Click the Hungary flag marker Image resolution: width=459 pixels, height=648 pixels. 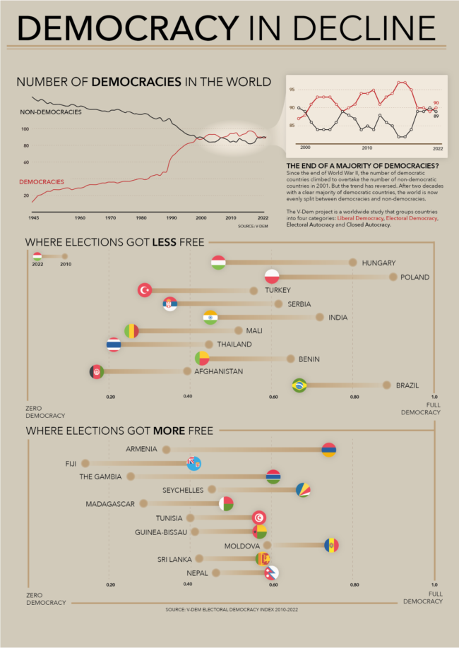[218, 263]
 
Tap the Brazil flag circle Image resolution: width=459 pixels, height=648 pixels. [299, 385]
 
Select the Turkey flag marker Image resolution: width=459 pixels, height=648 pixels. [145, 290]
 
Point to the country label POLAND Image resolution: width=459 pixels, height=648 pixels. [415, 277]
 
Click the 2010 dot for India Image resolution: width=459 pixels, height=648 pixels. [319, 318]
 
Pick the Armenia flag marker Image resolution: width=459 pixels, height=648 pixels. [328, 450]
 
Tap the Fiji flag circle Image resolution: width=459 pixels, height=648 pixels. [194, 464]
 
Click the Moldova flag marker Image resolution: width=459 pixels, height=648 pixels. [331, 546]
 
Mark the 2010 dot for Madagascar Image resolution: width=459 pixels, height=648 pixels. [143, 504]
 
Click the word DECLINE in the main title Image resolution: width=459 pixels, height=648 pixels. [352, 28]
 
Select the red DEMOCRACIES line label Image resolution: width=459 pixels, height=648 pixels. [41, 182]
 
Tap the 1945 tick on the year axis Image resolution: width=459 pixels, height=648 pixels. [33, 217]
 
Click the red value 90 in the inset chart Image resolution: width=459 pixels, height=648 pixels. [436, 103]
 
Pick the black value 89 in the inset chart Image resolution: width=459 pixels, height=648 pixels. [436, 115]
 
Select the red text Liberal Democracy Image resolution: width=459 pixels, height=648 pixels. [357, 219]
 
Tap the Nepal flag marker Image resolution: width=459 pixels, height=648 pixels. [271, 573]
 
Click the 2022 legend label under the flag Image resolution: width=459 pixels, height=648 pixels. [37, 264]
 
